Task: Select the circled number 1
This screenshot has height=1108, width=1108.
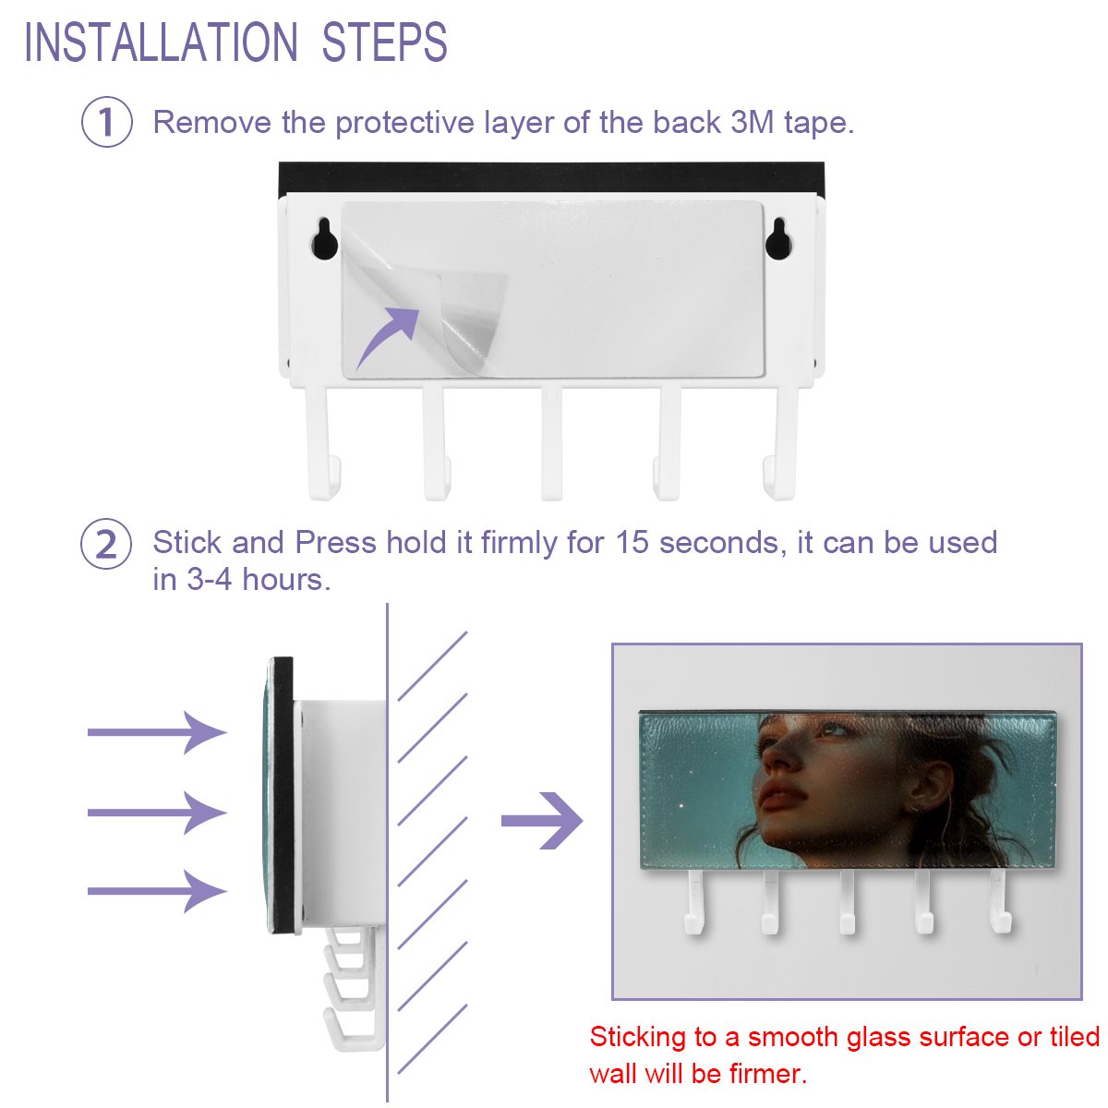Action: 106,122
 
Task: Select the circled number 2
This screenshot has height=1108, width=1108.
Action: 106,544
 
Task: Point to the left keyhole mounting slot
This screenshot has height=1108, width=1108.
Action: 324,238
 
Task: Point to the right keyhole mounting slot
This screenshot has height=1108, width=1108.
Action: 778,238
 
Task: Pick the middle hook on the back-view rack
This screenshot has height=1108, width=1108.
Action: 551,443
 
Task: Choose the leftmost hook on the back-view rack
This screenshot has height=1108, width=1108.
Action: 323,443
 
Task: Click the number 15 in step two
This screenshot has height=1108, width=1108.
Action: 632,542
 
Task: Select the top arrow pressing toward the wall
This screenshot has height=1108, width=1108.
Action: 157,732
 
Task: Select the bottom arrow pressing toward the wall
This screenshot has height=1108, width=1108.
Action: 157,891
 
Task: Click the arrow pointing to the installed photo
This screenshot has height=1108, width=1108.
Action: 542,821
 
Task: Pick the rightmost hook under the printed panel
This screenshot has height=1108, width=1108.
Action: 1001,901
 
